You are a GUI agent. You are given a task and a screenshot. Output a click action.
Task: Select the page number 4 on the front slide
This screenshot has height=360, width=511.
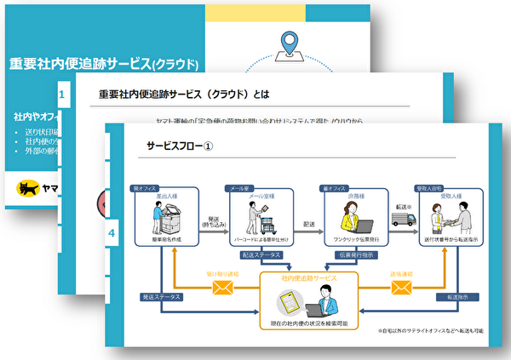(x=111, y=231)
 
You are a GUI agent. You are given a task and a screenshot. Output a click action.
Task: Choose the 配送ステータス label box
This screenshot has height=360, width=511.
(x=265, y=254)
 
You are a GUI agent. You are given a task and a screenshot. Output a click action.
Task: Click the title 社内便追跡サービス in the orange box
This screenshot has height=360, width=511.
(x=306, y=278)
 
